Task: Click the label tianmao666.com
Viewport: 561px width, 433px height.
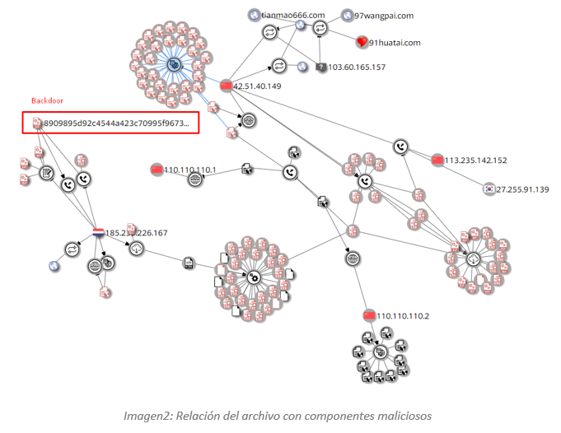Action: pyautogui.click(x=292, y=15)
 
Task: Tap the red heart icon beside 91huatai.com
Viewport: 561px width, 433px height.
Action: pyautogui.click(x=361, y=42)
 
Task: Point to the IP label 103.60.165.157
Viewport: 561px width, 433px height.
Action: pyautogui.click(x=357, y=68)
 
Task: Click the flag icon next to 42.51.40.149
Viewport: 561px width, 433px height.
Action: pyautogui.click(x=226, y=86)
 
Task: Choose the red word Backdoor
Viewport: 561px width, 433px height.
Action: pyautogui.click(x=47, y=100)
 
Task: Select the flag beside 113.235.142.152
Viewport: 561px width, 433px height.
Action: pyautogui.click(x=437, y=161)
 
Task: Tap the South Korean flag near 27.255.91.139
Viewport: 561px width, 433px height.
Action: pyautogui.click(x=489, y=189)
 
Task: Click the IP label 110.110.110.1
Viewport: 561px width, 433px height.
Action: pyautogui.click(x=189, y=170)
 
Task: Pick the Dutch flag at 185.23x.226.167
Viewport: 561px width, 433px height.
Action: pyautogui.click(x=99, y=233)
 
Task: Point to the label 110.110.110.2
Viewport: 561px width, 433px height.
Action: pyautogui.click(x=403, y=315)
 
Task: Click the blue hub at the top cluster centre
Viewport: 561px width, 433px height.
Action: pyautogui.click(x=174, y=63)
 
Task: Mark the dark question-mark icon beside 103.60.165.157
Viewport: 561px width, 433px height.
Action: pyautogui.click(x=322, y=68)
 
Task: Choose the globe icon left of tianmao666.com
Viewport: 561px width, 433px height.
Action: pyautogui.click(x=255, y=15)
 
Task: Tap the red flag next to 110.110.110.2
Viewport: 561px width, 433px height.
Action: pyautogui.click(x=368, y=315)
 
